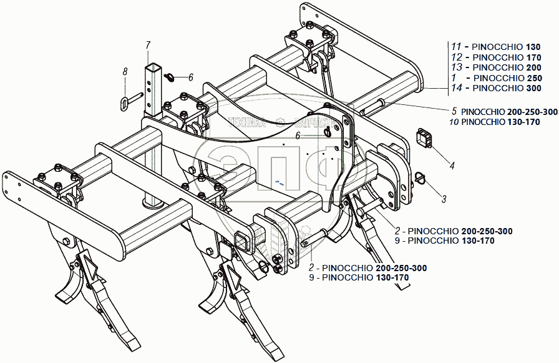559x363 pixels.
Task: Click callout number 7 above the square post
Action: (x=148, y=44)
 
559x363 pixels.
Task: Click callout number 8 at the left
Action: (x=125, y=72)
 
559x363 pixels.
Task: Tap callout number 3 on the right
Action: (x=444, y=199)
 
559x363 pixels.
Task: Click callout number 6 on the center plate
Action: (x=298, y=135)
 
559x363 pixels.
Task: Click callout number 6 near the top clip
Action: (x=191, y=77)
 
